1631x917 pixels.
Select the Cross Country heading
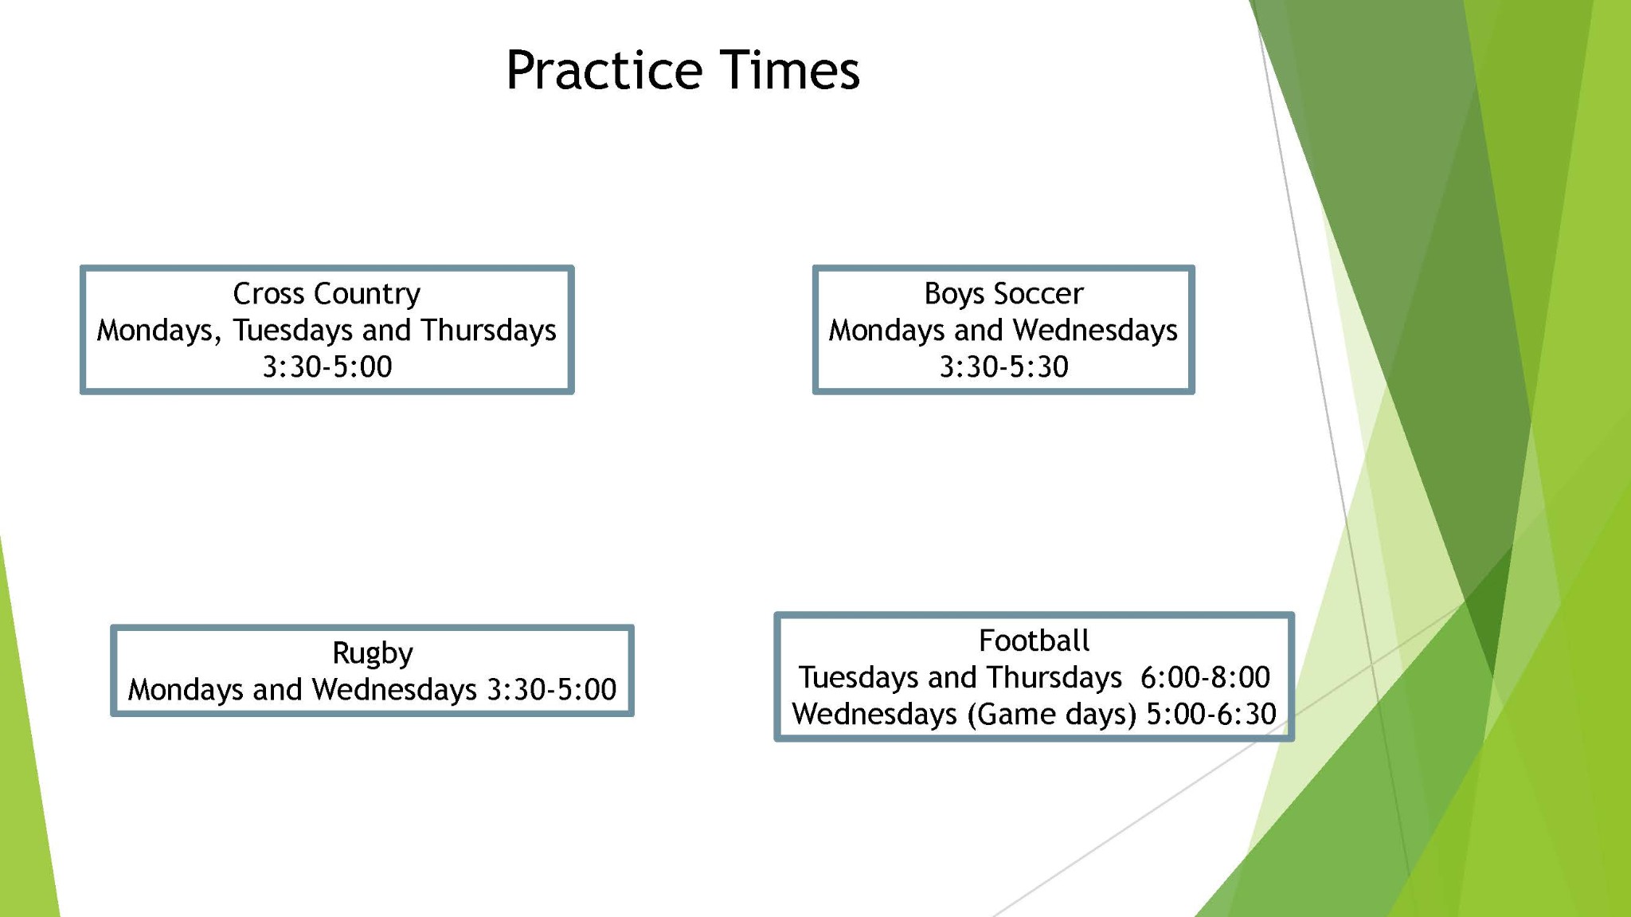[327, 294]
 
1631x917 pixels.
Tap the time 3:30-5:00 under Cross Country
[327, 366]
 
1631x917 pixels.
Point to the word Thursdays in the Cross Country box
[488, 330]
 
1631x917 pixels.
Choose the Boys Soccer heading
[1003, 294]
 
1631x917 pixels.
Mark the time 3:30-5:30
[1003, 366]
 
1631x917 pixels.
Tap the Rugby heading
[373, 653]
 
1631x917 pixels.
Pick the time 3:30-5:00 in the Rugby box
[552, 689]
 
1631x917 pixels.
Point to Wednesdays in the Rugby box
[394, 689]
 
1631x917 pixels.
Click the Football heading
[1034, 641]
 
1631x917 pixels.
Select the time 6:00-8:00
[1205, 677]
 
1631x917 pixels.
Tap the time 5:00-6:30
[1211, 714]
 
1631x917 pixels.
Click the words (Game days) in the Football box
[1051, 715]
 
